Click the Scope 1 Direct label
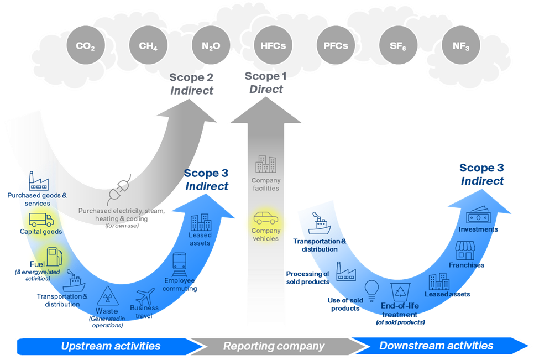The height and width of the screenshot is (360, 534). tap(265, 83)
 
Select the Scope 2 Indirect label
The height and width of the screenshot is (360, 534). tap(191, 84)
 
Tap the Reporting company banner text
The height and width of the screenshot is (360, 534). tap(273, 346)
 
